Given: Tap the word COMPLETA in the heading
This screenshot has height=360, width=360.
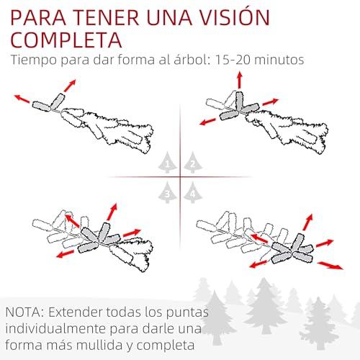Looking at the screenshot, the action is click(66, 40).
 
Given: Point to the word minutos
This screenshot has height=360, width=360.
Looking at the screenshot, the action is click(279, 59).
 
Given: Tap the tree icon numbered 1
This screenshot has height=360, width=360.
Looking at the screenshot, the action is click(168, 163).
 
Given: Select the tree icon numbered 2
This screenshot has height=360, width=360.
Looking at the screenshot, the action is click(193, 163).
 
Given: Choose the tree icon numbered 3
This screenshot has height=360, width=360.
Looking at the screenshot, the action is click(168, 192).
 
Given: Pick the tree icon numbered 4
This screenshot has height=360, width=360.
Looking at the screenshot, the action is click(193, 192).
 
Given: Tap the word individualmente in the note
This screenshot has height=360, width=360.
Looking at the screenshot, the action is click(55, 329).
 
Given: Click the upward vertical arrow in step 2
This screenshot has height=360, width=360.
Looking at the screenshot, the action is click(239, 80).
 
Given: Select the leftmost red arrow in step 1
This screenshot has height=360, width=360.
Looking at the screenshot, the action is click(22, 99).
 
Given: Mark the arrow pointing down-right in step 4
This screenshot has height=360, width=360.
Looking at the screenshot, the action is click(330, 266).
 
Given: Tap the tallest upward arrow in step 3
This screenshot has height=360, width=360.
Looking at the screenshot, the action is click(112, 212).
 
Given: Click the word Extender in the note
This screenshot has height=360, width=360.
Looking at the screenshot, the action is click(75, 312).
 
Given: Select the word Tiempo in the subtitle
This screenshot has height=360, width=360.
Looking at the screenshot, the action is click(34, 60).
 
